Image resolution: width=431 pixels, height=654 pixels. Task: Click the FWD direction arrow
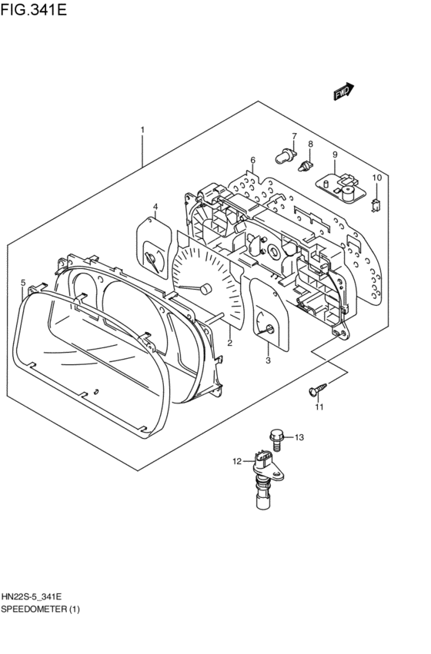(x=344, y=92)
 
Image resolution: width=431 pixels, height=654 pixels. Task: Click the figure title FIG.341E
(x=34, y=9)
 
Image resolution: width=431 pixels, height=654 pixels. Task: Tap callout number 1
(x=142, y=130)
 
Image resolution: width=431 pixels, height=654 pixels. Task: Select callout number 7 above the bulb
(x=294, y=136)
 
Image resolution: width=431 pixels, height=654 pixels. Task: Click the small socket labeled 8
(x=306, y=166)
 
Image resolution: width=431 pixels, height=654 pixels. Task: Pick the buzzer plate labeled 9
(x=340, y=188)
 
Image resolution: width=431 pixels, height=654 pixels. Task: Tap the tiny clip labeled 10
(x=376, y=206)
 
